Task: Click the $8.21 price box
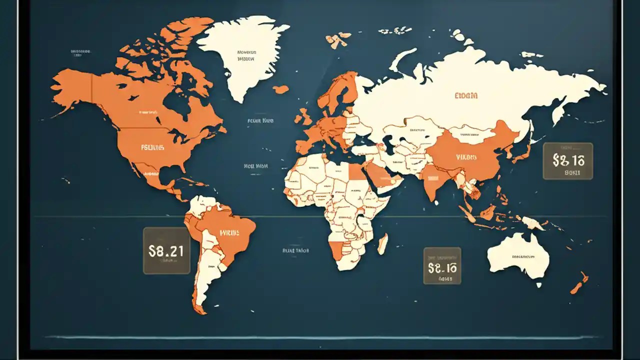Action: [x=166, y=251]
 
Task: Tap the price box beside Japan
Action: [x=568, y=161]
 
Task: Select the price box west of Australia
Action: [x=442, y=265]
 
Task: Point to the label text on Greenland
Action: [x=246, y=55]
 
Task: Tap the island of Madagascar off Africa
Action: [x=382, y=243]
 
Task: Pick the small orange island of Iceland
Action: [x=281, y=89]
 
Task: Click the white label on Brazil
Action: [x=229, y=232]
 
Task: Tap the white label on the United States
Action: [x=153, y=147]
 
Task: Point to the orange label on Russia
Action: [x=466, y=95]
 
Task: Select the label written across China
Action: [x=466, y=157]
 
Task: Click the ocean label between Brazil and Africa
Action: [x=295, y=250]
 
